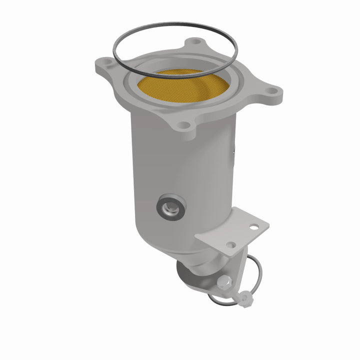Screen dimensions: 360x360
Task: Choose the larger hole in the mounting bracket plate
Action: [254, 227]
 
